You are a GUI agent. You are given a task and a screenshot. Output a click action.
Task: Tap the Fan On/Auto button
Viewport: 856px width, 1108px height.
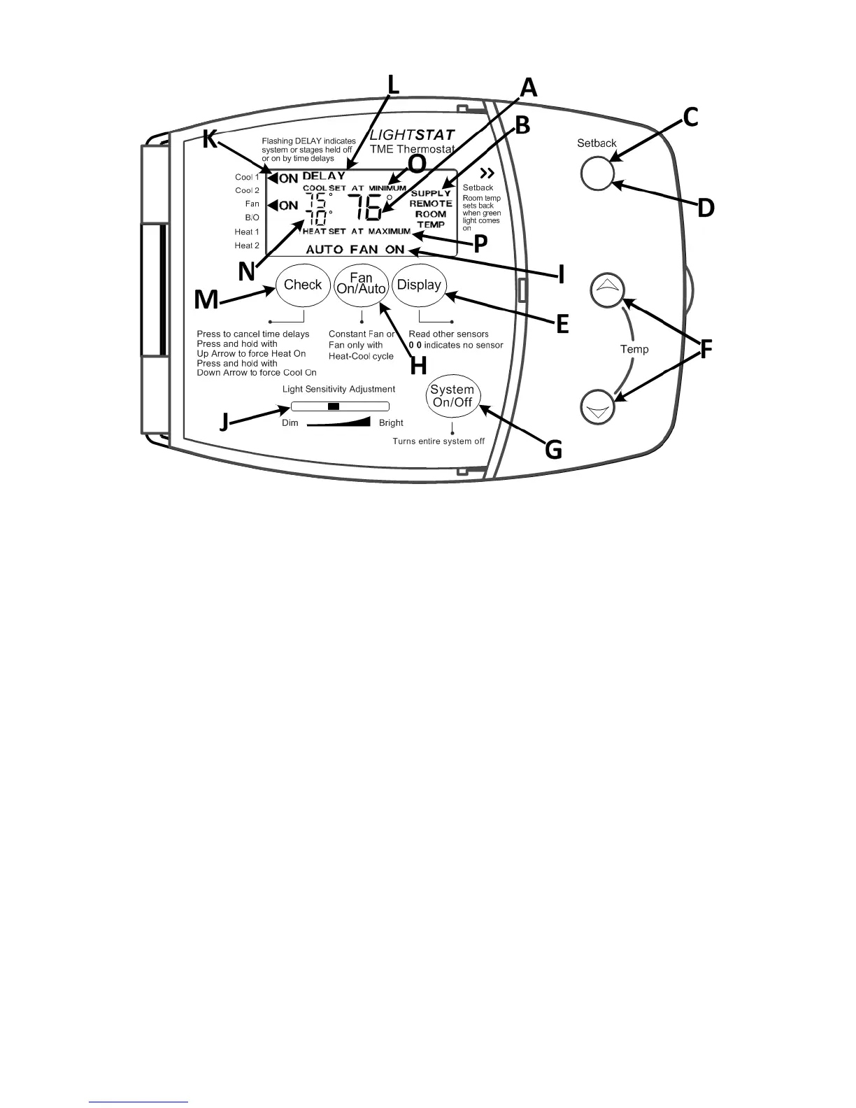click(361, 285)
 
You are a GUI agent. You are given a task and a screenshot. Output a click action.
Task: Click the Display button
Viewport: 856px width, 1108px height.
click(419, 285)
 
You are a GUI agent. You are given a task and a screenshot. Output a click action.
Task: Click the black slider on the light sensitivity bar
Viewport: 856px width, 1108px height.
click(334, 406)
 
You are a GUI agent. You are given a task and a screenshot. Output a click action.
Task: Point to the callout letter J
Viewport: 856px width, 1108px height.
click(224, 422)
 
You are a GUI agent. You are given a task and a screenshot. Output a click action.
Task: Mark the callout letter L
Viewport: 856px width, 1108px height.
click(393, 86)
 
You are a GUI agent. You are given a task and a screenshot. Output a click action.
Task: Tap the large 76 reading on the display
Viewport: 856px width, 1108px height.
click(366, 208)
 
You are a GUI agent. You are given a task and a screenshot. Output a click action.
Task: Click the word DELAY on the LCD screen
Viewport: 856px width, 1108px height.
click(324, 176)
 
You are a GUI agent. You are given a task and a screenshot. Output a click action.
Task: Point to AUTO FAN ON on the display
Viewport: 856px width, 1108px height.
click(355, 250)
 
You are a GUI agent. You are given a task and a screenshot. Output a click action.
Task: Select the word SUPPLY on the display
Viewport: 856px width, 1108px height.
click(431, 193)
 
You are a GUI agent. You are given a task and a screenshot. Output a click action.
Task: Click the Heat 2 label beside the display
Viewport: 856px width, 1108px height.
click(247, 246)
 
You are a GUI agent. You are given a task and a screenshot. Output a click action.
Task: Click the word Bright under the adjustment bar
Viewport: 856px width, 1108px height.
click(391, 423)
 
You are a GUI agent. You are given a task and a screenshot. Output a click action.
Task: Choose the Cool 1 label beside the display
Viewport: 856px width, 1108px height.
click(247, 178)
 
